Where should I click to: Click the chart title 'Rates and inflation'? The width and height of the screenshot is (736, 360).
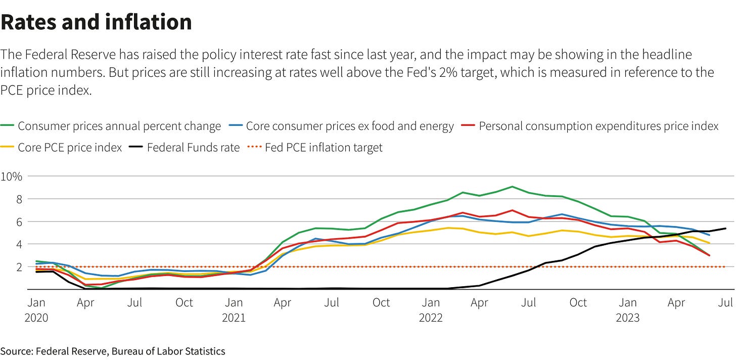pos(96,22)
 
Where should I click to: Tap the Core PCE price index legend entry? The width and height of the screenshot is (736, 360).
pos(70,148)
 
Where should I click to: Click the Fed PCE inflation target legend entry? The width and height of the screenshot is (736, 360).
pos(324,148)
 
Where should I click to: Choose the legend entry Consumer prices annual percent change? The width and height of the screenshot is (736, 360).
pos(119,126)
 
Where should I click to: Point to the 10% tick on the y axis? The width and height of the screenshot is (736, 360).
pos(11,176)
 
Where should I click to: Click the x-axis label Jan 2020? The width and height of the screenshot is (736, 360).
pos(36,309)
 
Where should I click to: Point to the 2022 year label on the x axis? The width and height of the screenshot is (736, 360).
pos(431,318)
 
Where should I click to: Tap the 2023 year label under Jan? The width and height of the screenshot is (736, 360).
pos(628,318)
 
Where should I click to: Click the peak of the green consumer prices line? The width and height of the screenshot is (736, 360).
pos(512,187)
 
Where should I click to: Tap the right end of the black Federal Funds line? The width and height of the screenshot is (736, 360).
pos(726,229)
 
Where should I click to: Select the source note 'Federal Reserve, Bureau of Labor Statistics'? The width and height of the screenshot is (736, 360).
pos(130,351)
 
